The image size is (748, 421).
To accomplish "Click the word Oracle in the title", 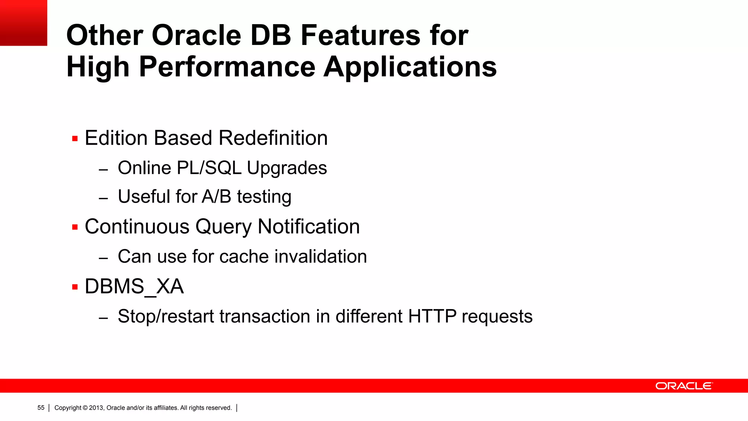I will coord(196,35).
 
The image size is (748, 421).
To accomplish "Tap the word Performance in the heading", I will coord(227,67).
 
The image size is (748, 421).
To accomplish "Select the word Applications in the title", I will coord(410,67).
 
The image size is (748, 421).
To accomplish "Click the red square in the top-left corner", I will coord(23,23).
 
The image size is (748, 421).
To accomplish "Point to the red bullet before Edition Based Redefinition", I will coord(75,139).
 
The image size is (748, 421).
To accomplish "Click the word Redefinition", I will coord(273,138).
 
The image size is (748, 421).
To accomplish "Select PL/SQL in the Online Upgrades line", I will coord(209,168).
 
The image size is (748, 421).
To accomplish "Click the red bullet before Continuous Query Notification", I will coord(75,227).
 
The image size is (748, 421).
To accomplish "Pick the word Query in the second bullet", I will coord(223,227).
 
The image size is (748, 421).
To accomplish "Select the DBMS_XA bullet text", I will coord(134,287).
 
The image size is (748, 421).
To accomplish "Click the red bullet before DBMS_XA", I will coord(75,287).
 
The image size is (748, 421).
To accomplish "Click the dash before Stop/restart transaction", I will coord(103,318).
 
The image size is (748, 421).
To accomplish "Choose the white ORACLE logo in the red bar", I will coord(684,386).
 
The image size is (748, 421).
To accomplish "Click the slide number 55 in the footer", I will coord(41,408).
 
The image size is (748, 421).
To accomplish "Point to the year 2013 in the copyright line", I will coord(96,408).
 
